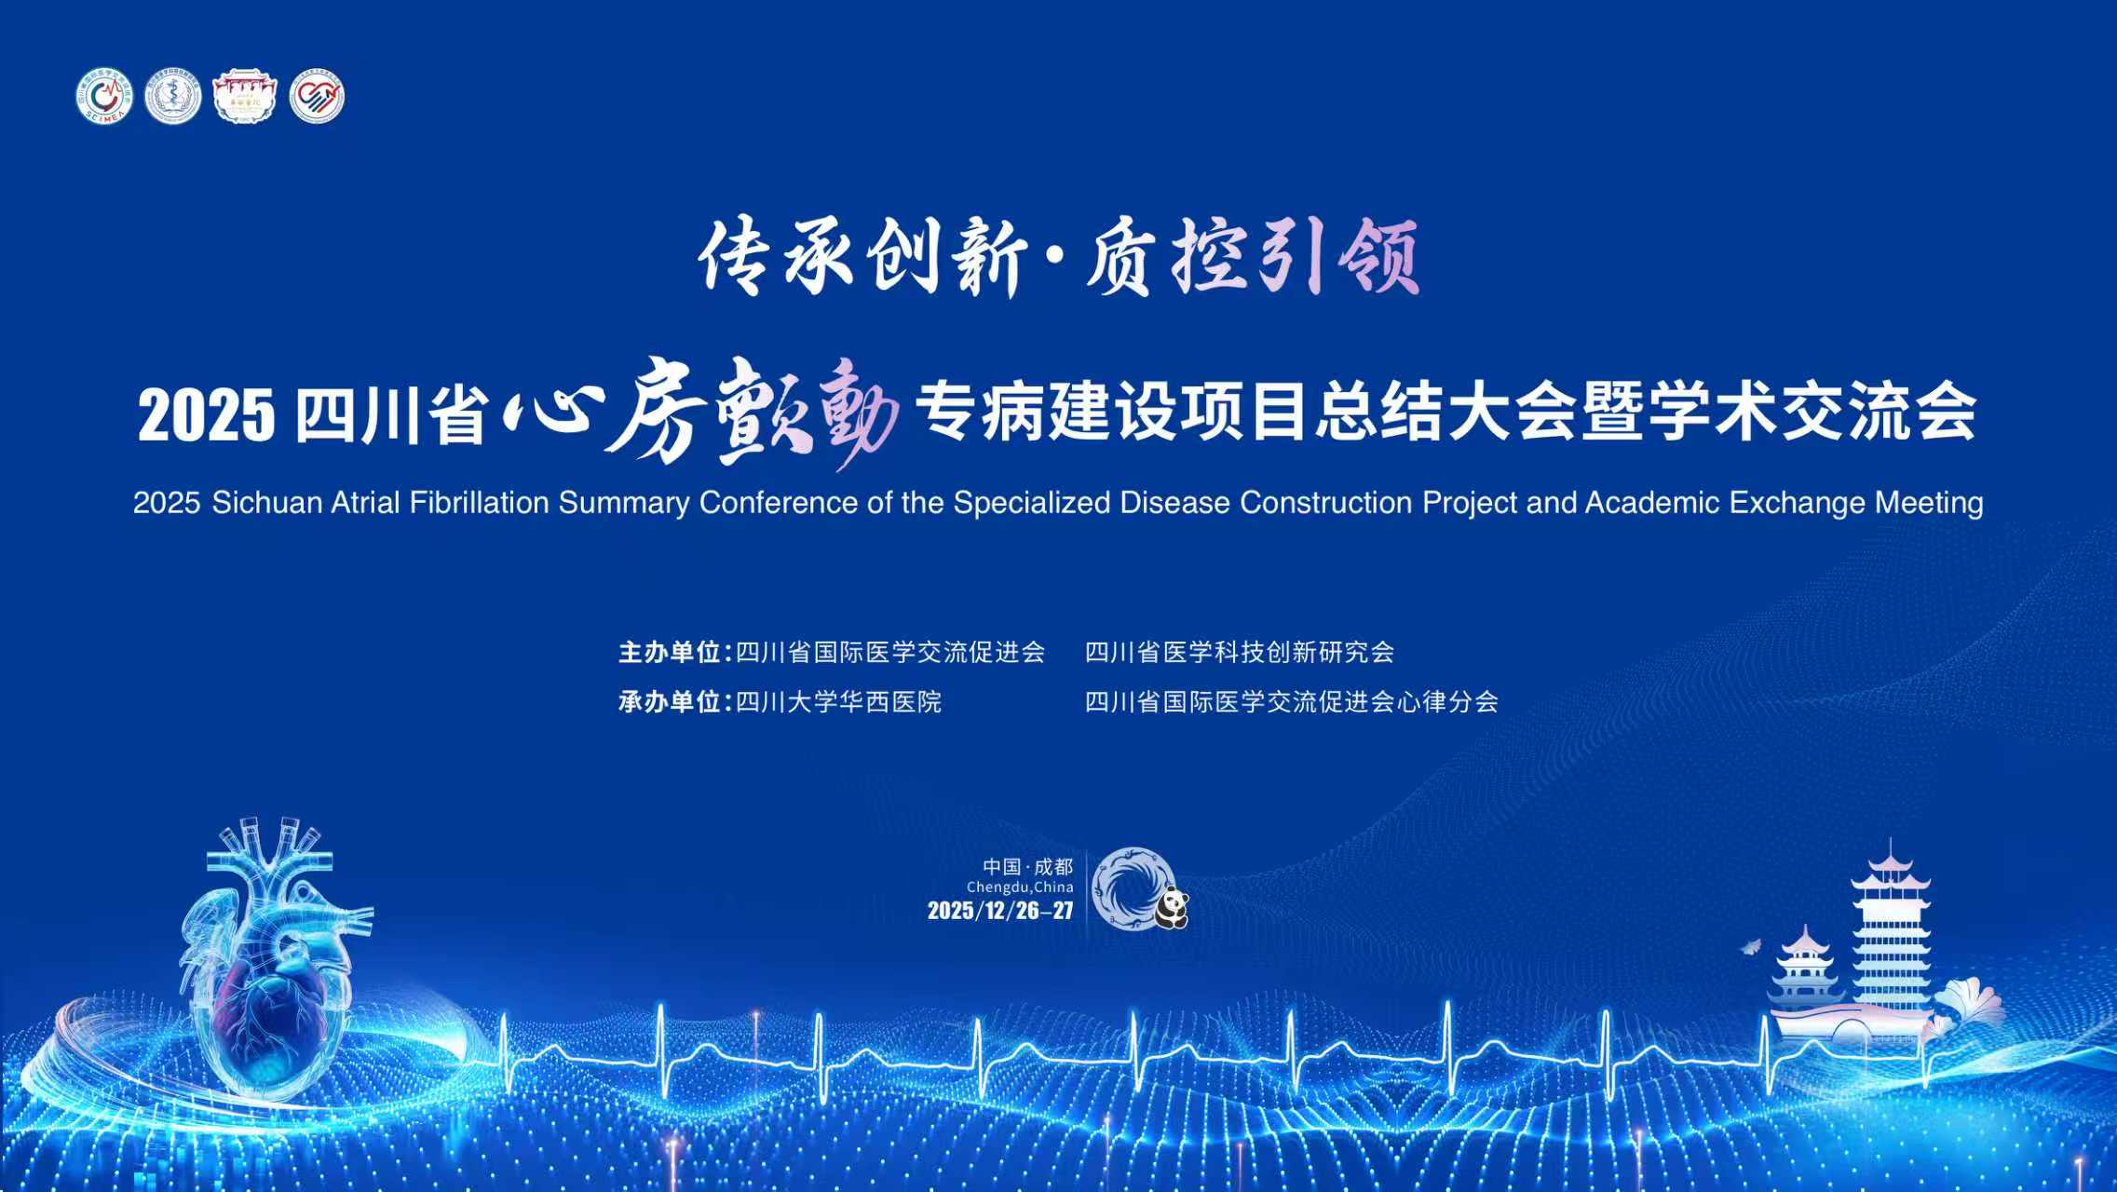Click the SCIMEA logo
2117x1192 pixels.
(103, 96)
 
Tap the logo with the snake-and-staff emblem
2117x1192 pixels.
(173, 96)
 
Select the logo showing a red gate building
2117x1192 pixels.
(245, 96)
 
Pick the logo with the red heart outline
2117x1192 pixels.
(317, 96)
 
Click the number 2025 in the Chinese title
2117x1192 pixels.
(207, 415)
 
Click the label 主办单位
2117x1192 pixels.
(669, 652)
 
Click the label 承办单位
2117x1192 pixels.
(669, 701)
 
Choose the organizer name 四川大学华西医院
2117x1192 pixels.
(839, 701)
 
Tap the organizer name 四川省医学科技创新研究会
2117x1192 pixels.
(1240, 652)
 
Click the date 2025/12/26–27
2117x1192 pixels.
(1000, 911)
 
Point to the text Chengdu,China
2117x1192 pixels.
(1020, 887)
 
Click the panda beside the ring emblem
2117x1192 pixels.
(1172, 909)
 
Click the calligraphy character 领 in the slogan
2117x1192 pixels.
(1378, 256)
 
